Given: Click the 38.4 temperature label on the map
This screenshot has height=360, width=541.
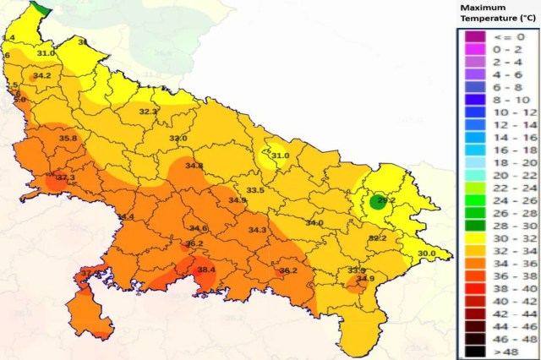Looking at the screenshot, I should click(206, 270).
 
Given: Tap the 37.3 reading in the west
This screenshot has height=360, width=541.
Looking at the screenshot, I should click(66, 177).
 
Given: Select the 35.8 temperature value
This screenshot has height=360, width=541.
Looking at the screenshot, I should click(68, 139).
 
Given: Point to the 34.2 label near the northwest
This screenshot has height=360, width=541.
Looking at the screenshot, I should click(41, 76).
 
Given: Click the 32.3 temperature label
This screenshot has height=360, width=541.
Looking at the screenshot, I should click(148, 112).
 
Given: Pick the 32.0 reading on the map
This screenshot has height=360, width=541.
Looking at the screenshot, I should click(178, 139).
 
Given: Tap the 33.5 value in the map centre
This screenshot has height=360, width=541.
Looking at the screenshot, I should click(255, 190).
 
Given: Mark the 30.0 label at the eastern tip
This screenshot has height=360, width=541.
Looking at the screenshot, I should click(426, 254).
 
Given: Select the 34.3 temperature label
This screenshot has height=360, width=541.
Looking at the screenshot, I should click(257, 230).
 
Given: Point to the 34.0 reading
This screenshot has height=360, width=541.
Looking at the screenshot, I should click(314, 223).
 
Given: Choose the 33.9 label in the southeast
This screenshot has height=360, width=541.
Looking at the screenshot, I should click(357, 270).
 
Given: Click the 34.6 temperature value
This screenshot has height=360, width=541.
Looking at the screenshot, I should click(199, 228).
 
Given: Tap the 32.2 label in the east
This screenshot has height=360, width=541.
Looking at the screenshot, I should click(377, 238).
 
